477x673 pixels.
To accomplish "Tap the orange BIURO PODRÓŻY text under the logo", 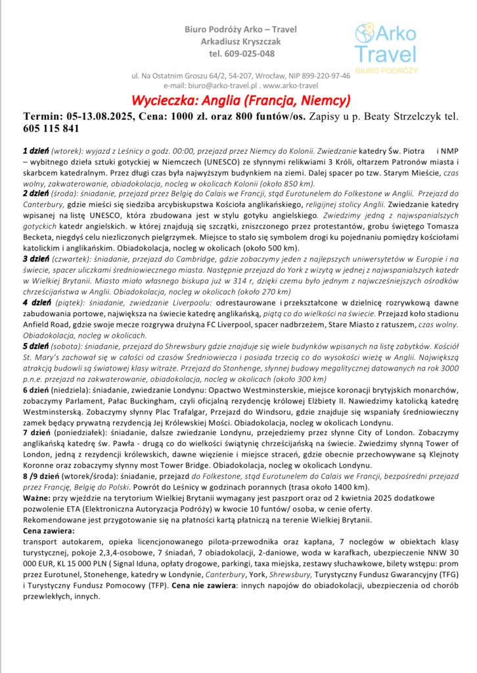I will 385,69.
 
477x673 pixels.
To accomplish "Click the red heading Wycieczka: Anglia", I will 240,101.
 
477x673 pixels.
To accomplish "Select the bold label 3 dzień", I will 35,259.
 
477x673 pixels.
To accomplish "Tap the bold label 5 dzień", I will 35,344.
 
